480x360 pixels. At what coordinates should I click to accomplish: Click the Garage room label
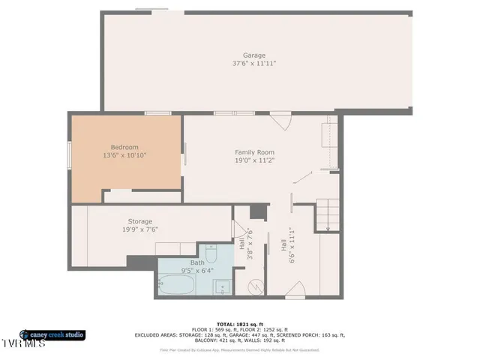253,55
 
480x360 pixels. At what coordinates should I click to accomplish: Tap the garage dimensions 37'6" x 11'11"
253,64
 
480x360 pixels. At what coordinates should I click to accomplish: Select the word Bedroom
124,147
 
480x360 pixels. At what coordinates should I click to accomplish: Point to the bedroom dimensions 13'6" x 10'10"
124,155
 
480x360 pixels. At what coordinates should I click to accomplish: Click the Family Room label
254,152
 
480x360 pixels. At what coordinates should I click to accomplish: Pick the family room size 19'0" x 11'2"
254,160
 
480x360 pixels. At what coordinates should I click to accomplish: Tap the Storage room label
139,221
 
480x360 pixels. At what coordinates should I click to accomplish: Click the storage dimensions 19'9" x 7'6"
139,229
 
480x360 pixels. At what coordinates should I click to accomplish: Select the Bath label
196,262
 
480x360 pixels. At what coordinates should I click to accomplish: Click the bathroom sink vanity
221,286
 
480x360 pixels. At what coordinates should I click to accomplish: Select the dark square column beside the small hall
257,211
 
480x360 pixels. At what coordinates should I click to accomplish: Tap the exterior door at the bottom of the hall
295,292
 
